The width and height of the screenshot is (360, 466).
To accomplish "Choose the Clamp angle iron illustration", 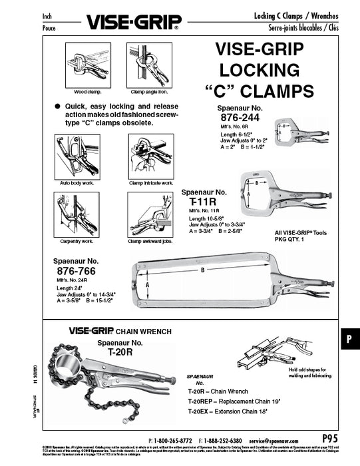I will tap(150, 65).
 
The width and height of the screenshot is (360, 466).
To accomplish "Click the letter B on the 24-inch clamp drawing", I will tap(202, 270).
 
